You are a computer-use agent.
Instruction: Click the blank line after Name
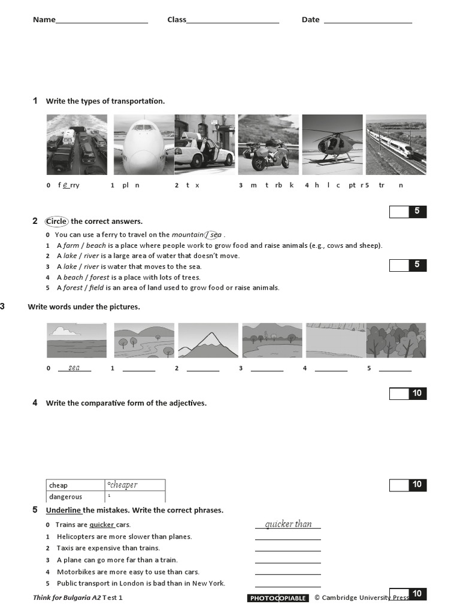click(102, 22)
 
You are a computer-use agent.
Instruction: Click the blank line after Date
click(368, 22)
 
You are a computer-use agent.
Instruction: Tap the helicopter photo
click(332, 144)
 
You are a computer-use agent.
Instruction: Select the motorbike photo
click(268, 144)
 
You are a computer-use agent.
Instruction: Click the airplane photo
click(143, 144)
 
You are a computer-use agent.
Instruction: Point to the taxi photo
click(205, 144)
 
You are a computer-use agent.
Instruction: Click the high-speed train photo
click(396, 144)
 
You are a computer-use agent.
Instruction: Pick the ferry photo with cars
click(77, 144)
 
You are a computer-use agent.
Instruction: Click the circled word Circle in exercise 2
click(57, 221)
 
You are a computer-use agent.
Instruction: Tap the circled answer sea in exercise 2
click(214, 235)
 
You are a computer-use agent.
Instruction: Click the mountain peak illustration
click(208, 340)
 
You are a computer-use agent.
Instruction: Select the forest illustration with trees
click(396, 340)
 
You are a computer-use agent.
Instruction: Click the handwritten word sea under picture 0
click(74, 368)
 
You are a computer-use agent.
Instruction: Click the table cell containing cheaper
click(135, 485)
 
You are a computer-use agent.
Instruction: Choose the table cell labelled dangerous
click(75, 497)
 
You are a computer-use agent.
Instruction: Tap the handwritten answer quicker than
click(288, 524)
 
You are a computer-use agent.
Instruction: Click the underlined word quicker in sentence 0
click(102, 525)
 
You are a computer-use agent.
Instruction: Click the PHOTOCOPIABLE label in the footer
click(278, 598)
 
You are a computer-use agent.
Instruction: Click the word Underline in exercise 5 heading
click(63, 511)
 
